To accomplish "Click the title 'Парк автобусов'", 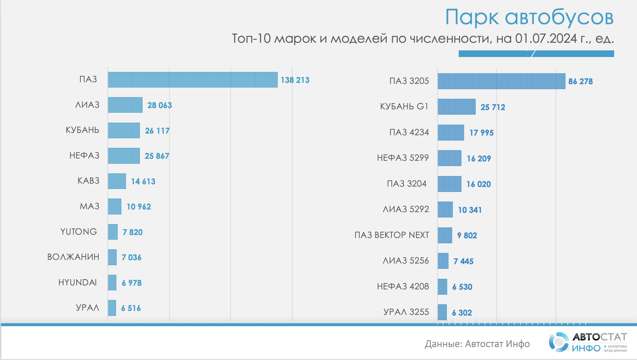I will click(x=529, y=17).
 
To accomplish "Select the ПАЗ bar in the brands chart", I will click(x=193, y=80).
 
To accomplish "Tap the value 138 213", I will click(x=295, y=80).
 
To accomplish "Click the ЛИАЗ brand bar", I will click(x=125, y=105).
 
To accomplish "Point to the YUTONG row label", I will click(x=79, y=232).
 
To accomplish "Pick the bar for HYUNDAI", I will click(x=112, y=283).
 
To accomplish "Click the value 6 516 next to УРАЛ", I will click(x=131, y=308).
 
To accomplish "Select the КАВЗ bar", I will click(x=117, y=181).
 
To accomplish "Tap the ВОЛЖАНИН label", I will click(x=73, y=257).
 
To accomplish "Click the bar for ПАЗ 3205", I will click(x=501, y=81).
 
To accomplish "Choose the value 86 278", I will click(x=580, y=82).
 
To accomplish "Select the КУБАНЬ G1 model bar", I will click(x=456, y=107).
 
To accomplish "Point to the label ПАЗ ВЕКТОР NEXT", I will click(x=392, y=235).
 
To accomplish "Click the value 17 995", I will click(x=482, y=133).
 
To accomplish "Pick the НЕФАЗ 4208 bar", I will click(x=442, y=287).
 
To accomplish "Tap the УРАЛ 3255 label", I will click(x=406, y=312).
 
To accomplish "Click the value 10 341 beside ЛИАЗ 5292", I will click(x=470, y=210).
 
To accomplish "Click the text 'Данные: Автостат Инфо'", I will click(x=477, y=344).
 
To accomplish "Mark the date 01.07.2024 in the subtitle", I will click(x=546, y=39).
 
